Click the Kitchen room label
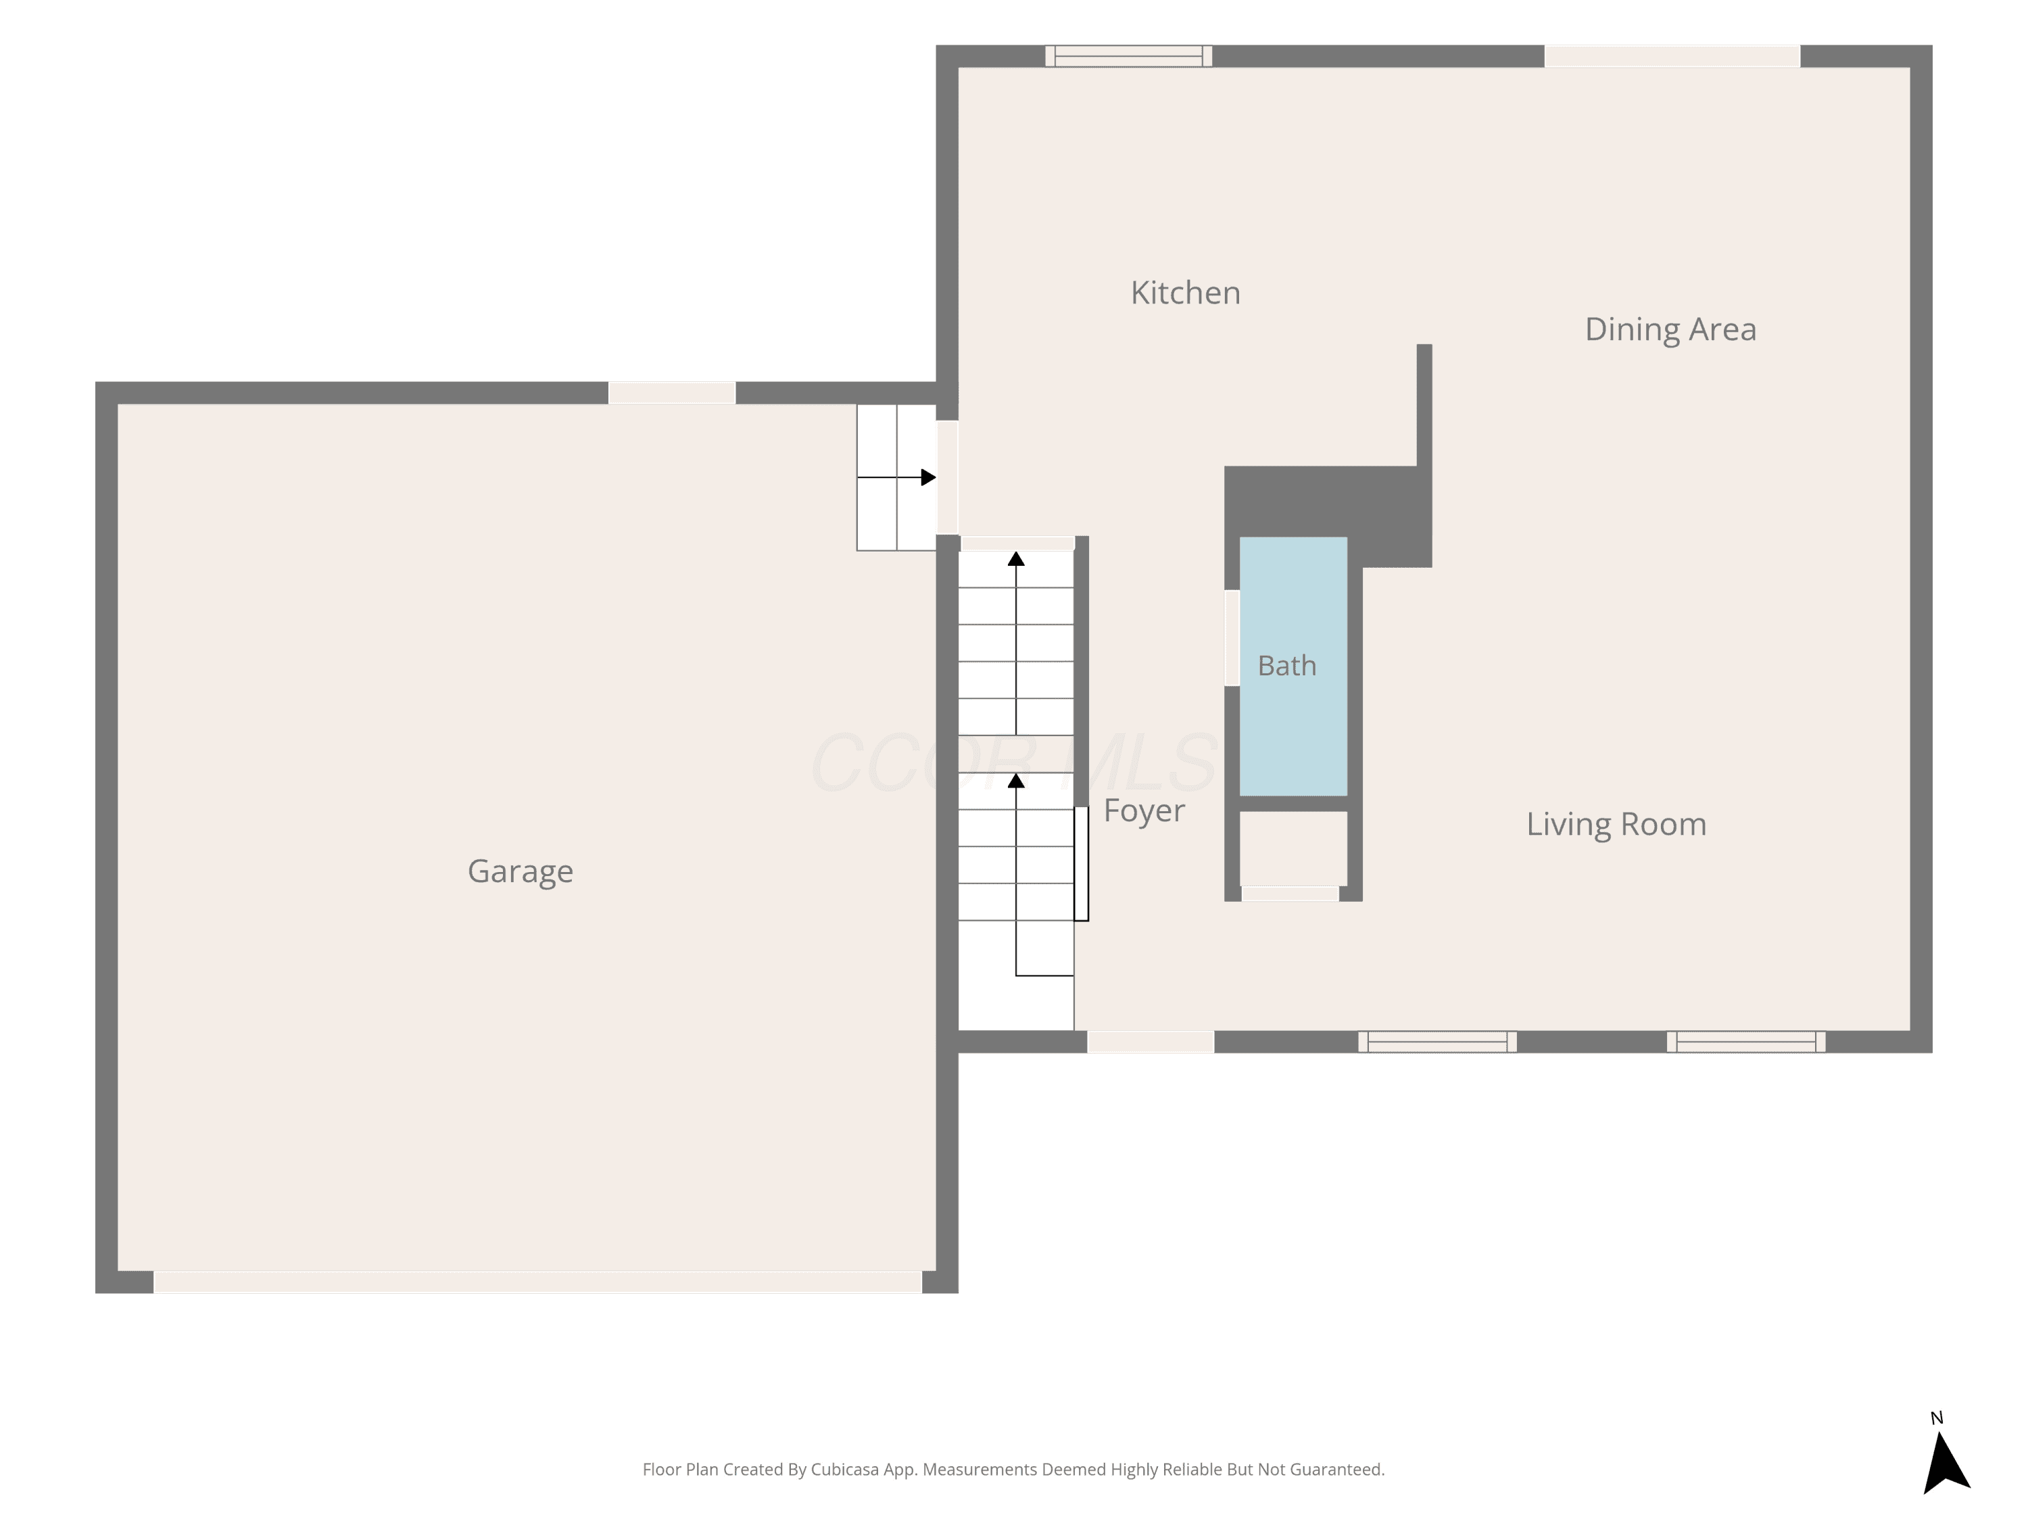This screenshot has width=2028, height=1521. click(1186, 293)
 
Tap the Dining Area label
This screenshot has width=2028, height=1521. click(1670, 329)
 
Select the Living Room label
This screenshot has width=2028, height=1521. click(1616, 824)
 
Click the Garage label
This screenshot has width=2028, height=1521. click(521, 871)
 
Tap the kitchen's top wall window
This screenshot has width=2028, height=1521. click(1129, 56)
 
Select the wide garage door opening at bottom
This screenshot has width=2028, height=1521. click(537, 1282)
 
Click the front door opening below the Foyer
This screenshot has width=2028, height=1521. click(1151, 1042)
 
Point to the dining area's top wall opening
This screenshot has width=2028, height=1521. click(1672, 56)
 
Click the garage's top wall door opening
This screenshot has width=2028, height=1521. click(672, 392)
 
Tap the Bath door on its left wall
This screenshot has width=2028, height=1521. click(1232, 638)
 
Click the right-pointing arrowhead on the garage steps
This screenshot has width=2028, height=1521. click(928, 478)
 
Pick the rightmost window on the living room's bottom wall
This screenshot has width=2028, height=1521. click(1745, 1042)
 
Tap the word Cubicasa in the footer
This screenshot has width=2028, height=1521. click(844, 1470)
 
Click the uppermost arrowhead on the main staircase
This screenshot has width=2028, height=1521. click(1016, 558)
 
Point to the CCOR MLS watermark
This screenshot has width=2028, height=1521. click(1014, 763)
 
